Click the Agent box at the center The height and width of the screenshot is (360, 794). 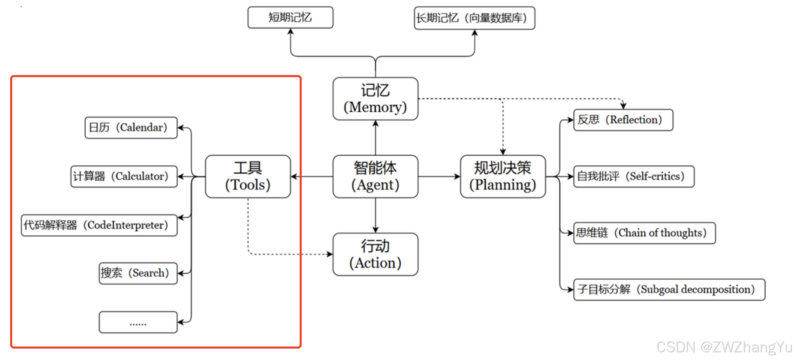coord(375,176)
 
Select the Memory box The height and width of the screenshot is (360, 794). coord(375,98)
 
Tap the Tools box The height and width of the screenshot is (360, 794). coord(248,176)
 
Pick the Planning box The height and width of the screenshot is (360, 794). coord(503,176)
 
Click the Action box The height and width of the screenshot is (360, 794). coord(375,254)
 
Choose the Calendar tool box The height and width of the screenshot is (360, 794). coord(131,128)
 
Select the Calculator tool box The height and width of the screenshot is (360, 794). coord(124,176)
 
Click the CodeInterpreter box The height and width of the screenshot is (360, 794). coord(99,225)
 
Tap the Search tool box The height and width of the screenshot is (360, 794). coord(138,273)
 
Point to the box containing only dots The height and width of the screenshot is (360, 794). coord(138,322)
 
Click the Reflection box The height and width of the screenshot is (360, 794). coord(623,120)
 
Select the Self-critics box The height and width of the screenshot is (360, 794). coord(633,176)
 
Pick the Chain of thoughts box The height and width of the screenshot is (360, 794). coord(644,233)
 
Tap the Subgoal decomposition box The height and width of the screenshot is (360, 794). coord(669,289)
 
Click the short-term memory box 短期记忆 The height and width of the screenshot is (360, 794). coord(290,17)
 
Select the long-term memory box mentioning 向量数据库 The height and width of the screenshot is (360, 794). coord(474,18)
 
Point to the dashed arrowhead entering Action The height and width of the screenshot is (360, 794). coord(330,254)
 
